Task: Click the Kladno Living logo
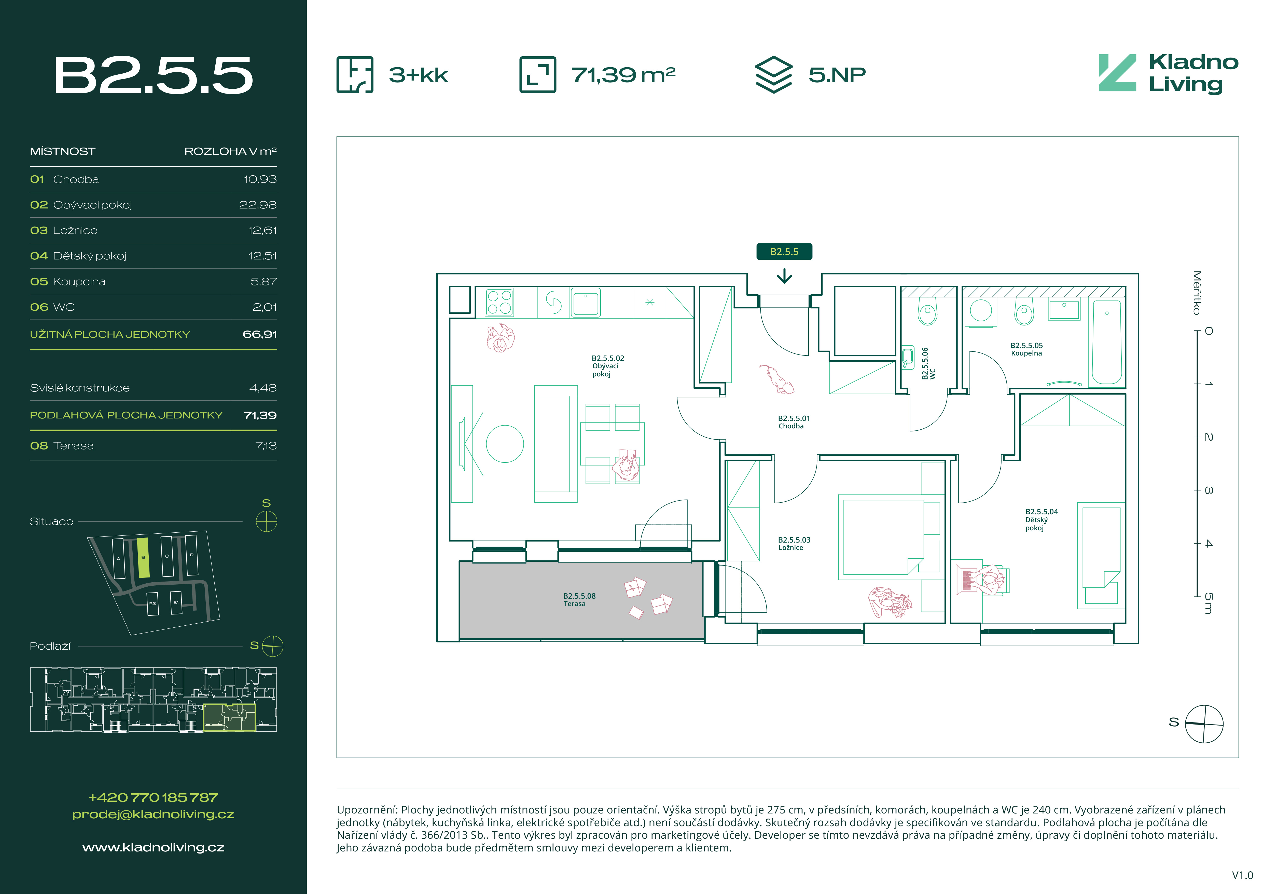click(x=1168, y=74)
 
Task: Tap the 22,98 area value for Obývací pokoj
click(x=257, y=205)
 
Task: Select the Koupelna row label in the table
click(x=79, y=281)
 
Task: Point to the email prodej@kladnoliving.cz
click(x=154, y=814)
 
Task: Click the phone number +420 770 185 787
click(x=154, y=797)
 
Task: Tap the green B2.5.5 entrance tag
click(x=784, y=252)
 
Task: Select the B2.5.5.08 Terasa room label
click(x=579, y=599)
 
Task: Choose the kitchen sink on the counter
click(x=586, y=302)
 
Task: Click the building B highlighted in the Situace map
click(x=143, y=558)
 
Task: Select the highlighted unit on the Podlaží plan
click(x=229, y=717)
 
